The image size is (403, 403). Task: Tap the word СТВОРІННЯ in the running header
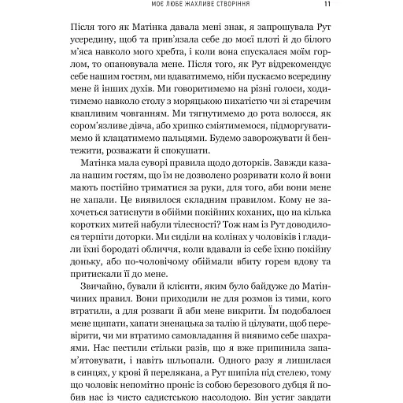tap(235, 9)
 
